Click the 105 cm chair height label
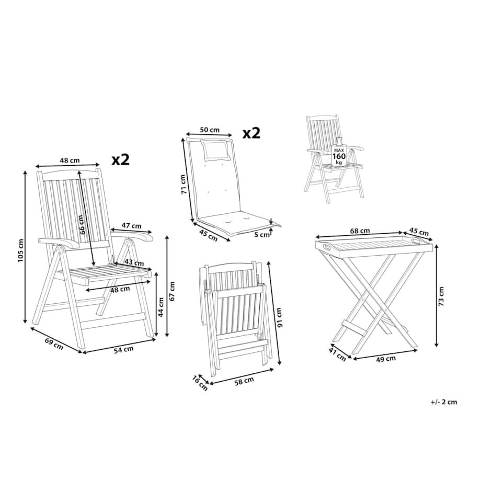click(20, 250)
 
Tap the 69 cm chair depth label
click(54, 343)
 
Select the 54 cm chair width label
click(123, 349)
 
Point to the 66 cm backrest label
click(81, 225)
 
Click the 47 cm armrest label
click(131, 226)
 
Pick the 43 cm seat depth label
click(134, 263)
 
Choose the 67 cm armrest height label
click(172, 291)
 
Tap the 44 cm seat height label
click(161, 307)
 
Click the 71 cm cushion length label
click(184, 184)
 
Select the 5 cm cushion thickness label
click(261, 235)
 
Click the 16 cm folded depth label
click(200, 383)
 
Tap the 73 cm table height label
click(441, 296)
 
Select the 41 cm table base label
click(337, 354)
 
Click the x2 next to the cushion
click(251, 133)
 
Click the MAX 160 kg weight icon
click(339, 153)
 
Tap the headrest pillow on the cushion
click(215, 150)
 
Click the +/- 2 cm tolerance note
click(443, 402)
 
